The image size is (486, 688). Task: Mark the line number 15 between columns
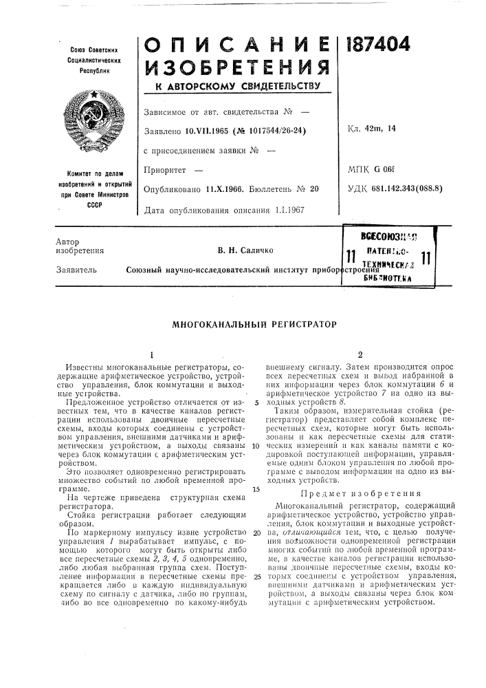tap(254, 470)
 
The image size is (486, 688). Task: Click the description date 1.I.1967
tap(274, 208)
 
